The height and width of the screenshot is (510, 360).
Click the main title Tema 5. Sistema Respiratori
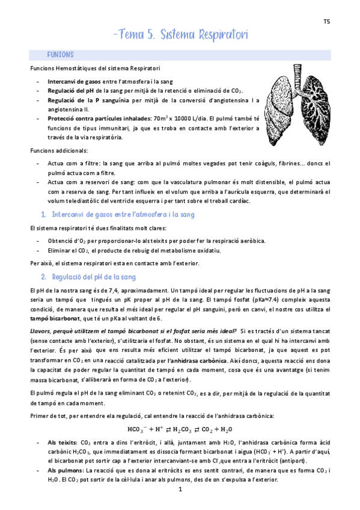[x=180, y=35]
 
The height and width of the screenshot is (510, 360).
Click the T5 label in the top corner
[x=326, y=21]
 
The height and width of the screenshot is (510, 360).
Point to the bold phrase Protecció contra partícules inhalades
[x=102, y=118]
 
